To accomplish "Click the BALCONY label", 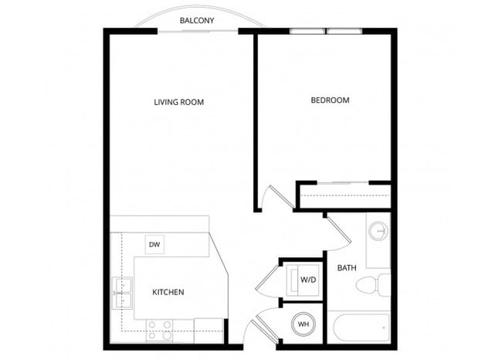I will click(197, 20).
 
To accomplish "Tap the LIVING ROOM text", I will click(178, 102).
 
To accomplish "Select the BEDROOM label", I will click(330, 100).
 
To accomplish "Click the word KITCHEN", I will click(168, 292).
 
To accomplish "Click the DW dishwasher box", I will click(154, 245).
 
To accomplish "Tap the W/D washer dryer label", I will click(308, 279).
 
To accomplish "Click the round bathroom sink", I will click(378, 231).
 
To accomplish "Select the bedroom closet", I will click(343, 196).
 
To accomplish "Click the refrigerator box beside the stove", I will click(208, 331).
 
